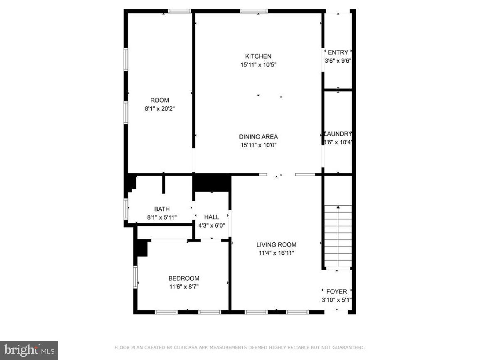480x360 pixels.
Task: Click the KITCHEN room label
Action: click(258, 56)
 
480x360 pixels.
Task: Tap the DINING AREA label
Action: click(258, 137)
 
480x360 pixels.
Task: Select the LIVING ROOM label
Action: click(276, 245)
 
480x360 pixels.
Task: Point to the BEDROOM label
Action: click(184, 279)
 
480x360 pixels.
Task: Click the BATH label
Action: click(162, 209)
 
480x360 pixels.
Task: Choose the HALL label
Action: click(212, 217)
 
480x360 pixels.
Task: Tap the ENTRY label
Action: click(338, 52)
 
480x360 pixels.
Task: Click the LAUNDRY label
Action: click(338, 134)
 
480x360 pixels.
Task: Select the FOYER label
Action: click(337, 292)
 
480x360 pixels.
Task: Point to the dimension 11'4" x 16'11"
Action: click(276, 253)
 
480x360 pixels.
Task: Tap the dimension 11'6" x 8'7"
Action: click(184, 286)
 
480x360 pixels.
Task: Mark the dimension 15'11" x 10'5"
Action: click(258, 64)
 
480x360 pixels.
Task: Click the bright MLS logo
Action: click(29, 350)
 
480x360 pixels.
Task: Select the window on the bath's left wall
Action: click(126, 209)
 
